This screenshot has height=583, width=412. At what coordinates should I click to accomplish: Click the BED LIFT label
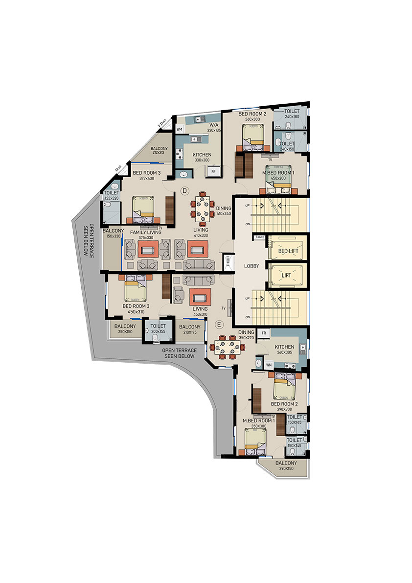[x=288, y=251]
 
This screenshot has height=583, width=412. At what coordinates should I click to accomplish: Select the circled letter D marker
[x=185, y=190]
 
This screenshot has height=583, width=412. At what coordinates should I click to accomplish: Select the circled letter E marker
[x=219, y=324]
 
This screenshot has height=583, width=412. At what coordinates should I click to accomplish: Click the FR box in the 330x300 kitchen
[x=213, y=172]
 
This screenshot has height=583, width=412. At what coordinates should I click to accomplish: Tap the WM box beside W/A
[x=179, y=129]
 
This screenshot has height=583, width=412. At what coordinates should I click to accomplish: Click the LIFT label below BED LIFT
[x=286, y=275]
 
